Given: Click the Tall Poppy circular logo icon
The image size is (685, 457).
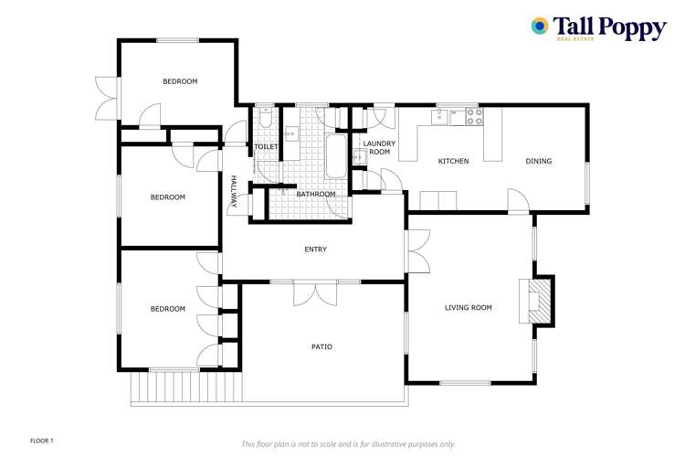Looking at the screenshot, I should coord(540,27).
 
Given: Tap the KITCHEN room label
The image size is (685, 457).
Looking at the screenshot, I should coord(453,162).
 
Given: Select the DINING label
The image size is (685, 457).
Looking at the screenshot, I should coord(538,162).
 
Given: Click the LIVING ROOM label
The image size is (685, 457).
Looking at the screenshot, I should coord(469,308).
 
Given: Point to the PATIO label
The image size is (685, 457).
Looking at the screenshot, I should coord(321,347).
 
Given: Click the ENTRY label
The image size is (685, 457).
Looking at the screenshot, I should coord(315,250).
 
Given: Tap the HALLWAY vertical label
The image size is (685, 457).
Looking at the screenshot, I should coord(233,192).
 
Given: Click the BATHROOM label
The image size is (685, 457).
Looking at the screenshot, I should coord(315,194).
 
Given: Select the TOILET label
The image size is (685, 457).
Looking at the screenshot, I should coord(265,146).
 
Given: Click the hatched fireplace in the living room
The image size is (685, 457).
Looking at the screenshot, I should coord(540,299).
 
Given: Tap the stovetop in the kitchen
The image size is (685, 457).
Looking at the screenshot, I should coord(474,116).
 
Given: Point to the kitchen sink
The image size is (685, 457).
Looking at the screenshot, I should coord(439,116).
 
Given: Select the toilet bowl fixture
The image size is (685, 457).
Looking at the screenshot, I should coord(264,120).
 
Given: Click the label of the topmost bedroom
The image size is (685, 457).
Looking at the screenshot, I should coord(180,81).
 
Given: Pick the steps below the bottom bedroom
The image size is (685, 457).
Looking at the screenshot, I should coord(187,388).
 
